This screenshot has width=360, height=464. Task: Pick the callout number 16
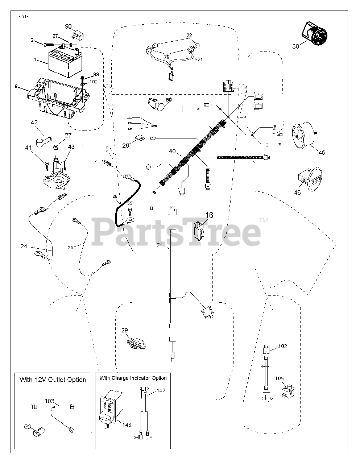[209, 215]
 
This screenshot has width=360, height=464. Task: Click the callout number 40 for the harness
[172, 151]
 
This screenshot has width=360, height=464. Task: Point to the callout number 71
[160, 245]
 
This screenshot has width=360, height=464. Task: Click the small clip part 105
[288, 392]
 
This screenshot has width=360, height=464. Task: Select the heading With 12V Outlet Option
[53, 380]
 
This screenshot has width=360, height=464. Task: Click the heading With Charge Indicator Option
[133, 378]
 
